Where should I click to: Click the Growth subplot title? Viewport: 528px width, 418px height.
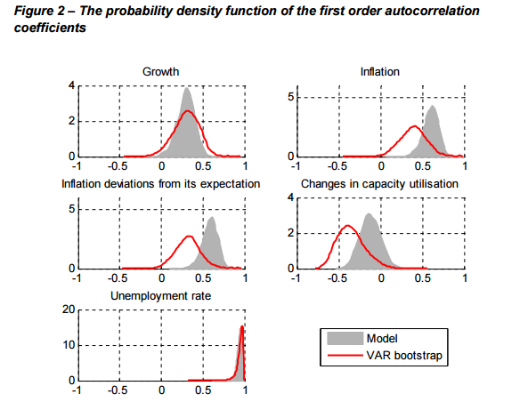[160, 72]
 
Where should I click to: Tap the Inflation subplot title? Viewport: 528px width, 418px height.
[380, 72]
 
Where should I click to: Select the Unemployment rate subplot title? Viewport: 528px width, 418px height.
[160, 296]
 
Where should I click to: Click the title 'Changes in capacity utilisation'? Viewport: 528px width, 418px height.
[379, 184]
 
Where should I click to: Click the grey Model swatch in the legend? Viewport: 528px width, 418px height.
[345, 338]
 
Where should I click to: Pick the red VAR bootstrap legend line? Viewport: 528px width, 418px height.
[345, 355]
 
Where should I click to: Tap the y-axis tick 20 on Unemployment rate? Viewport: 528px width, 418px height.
[69, 309]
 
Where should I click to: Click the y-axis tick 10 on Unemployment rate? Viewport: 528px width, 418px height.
[69, 345]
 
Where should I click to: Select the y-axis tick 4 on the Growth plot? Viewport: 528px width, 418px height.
[72, 85]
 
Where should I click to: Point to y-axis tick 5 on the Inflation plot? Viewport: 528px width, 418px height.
[290, 98]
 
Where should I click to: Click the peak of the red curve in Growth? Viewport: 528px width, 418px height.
[188, 111]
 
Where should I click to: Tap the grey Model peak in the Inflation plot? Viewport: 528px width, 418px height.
[433, 106]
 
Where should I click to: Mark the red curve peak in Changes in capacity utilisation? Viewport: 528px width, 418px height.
[347, 226]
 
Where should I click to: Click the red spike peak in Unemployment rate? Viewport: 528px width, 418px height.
[242, 326]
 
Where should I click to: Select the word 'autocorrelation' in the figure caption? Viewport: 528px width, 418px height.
[432, 11]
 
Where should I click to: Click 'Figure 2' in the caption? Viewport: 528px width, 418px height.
[39, 11]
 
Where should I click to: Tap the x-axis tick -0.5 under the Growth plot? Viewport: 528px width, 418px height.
[118, 166]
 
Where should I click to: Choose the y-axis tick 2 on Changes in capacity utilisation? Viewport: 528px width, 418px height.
[290, 233]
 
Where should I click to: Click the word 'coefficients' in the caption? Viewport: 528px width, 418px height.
[50, 28]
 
